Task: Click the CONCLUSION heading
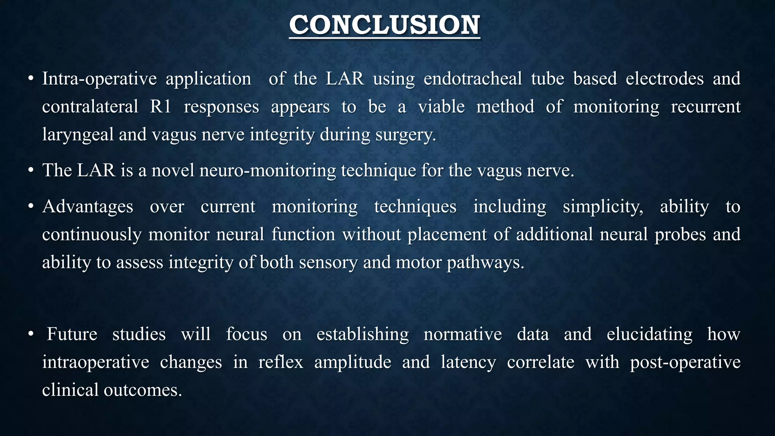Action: click(384, 25)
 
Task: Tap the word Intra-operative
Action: click(99, 79)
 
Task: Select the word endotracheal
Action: click(472, 79)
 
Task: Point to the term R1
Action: click(160, 107)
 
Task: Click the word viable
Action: click(441, 107)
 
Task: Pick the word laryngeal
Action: click(78, 135)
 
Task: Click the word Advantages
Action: click(87, 207)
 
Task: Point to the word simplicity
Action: click(603, 207)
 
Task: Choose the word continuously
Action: click(92, 235)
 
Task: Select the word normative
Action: click(462, 334)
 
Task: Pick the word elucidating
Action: click(649, 334)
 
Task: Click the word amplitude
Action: click(352, 362)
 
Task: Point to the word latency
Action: click(468, 362)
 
